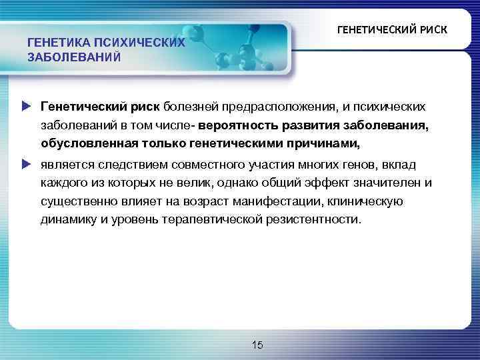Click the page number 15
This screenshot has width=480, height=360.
257,344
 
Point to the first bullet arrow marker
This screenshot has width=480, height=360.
26,105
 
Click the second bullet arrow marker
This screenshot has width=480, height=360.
26,163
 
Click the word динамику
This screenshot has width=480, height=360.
69,219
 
